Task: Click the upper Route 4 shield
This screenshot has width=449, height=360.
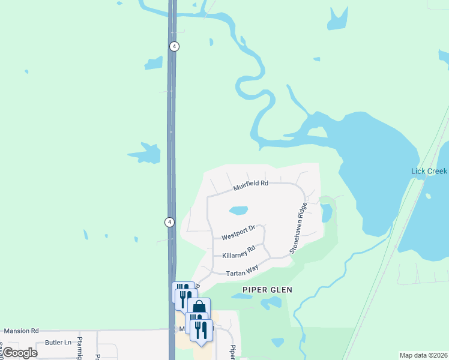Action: (174, 46)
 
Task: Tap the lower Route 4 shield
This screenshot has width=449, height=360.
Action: (170, 222)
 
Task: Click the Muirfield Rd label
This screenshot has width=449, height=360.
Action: (250, 185)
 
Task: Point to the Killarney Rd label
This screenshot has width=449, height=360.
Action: (238, 251)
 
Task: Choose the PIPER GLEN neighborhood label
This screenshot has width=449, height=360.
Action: (267, 290)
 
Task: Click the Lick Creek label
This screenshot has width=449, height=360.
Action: (429, 171)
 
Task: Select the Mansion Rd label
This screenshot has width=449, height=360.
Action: (21, 331)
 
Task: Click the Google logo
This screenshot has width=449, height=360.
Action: (19, 353)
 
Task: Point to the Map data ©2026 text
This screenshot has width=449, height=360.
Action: (423, 355)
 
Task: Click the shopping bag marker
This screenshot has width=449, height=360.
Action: (199, 308)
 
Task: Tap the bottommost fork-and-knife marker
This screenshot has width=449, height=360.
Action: (201, 330)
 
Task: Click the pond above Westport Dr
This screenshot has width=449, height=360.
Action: (238, 211)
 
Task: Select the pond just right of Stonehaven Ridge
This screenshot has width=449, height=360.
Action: (327, 212)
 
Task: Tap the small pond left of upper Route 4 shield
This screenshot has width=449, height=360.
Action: (154, 62)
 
